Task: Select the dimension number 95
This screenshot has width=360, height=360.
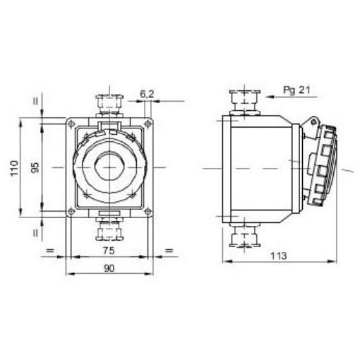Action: coord(36,167)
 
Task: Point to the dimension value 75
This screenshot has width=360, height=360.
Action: coord(108,250)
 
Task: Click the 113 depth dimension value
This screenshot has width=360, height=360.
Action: coord(279,256)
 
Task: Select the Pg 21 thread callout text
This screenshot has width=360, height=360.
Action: coord(297,90)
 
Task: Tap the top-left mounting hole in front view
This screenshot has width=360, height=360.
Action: coord(71,124)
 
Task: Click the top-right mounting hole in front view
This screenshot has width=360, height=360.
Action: coord(146,124)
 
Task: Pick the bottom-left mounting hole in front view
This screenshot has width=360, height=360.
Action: coord(71,210)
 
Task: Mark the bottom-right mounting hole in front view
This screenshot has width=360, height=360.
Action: coord(146,210)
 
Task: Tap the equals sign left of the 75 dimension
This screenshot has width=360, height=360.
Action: coord(50,251)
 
